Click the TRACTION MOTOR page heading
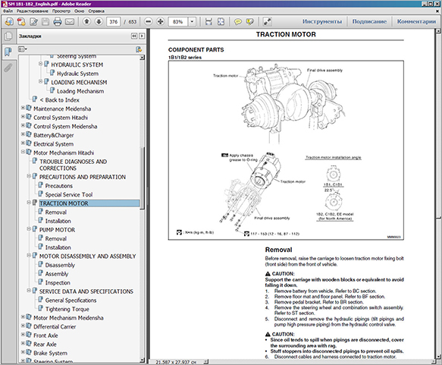[x=293, y=35]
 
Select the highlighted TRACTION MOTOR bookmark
[x=64, y=203]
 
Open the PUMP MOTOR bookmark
[x=57, y=229]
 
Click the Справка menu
[x=96, y=12]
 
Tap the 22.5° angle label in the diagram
[x=328, y=189]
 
